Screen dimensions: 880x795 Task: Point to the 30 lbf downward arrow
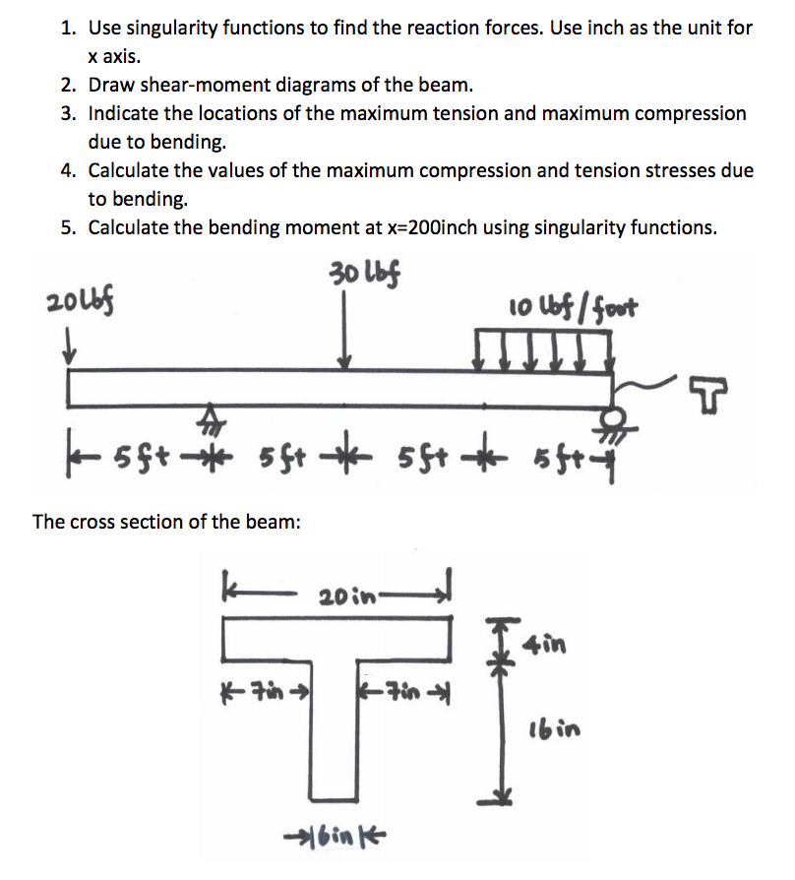pyautogui.click(x=344, y=335)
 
